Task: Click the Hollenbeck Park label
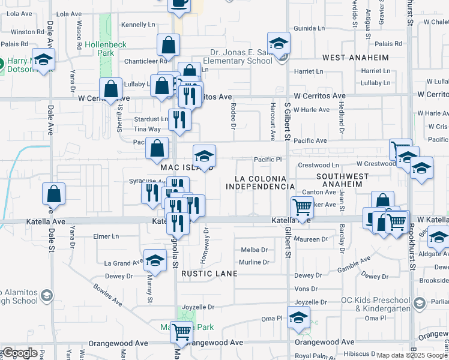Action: point(99,49)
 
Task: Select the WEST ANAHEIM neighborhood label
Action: point(355,58)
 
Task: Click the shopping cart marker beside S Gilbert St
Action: point(301,208)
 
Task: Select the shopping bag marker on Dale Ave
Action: point(53,194)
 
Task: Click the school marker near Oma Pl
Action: point(298,319)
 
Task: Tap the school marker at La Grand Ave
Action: point(155,261)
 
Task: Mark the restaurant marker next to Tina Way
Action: point(179,120)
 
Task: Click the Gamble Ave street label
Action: point(357,264)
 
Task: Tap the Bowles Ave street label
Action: point(107,295)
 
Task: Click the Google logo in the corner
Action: point(20,353)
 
